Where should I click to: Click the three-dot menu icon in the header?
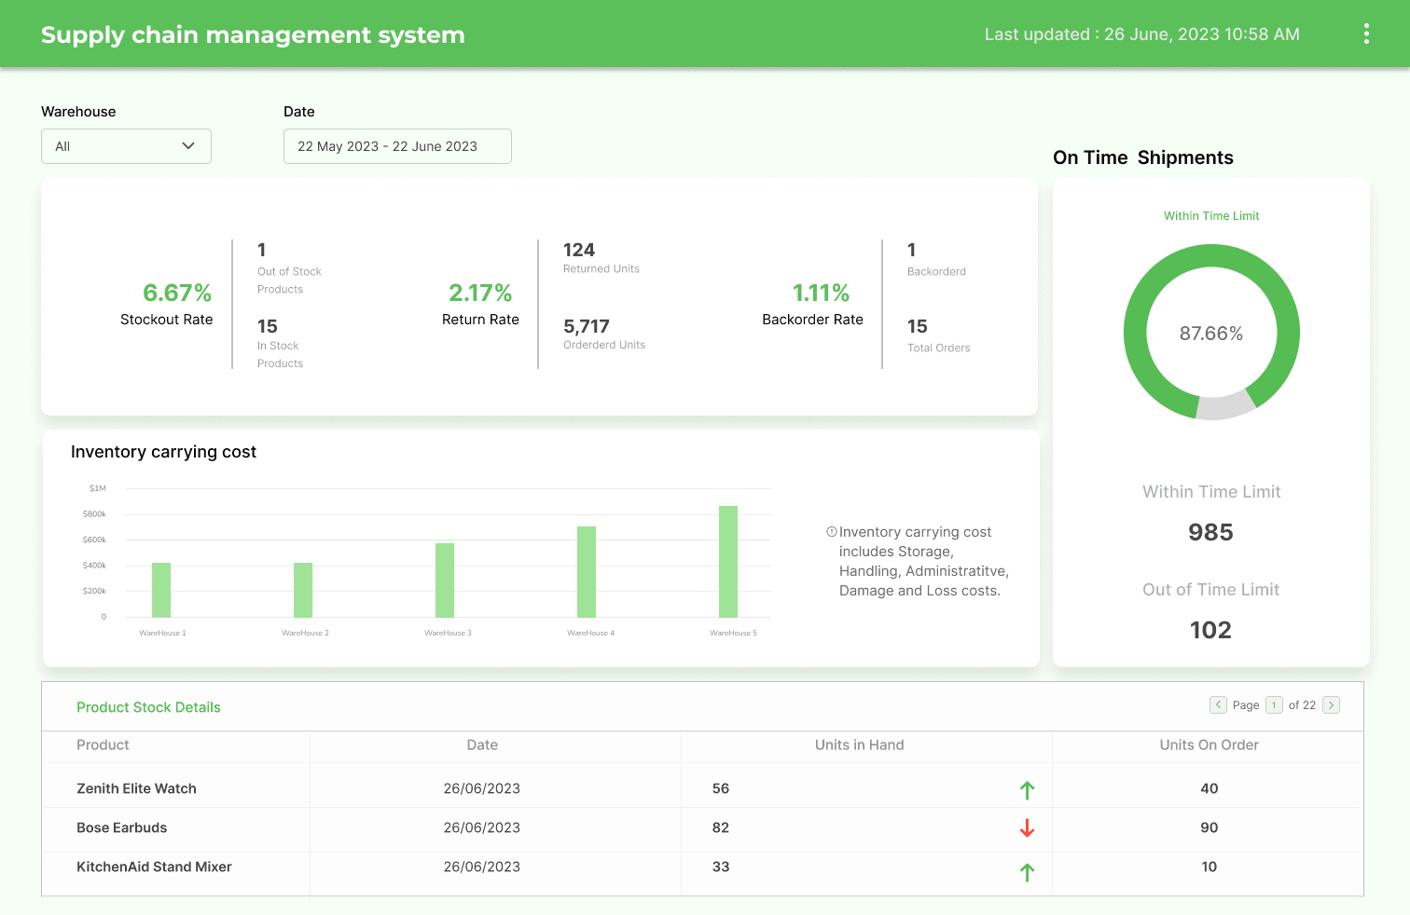[1366, 34]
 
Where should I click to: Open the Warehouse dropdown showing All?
[126, 146]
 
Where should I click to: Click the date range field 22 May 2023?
[397, 146]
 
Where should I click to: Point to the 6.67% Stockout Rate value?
[176, 293]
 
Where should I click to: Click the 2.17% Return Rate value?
[480, 293]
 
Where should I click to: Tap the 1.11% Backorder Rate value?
[821, 293]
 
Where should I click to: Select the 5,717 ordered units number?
[587, 326]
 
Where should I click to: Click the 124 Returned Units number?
[579, 250]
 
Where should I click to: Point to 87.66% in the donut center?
[1210, 334]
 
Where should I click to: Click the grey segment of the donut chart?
[1226, 406]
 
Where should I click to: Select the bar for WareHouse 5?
[728, 561]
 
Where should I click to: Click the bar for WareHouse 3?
[445, 580]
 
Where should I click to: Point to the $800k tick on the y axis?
[94, 514]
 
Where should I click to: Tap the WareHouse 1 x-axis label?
[162, 633]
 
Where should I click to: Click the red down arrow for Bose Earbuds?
[1027, 827]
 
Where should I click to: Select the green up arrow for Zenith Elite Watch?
[1027, 790]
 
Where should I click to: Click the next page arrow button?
[1332, 705]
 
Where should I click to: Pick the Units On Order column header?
[1209, 744]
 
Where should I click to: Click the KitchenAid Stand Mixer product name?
[154, 867]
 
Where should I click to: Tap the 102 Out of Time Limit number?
[1210, 630]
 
